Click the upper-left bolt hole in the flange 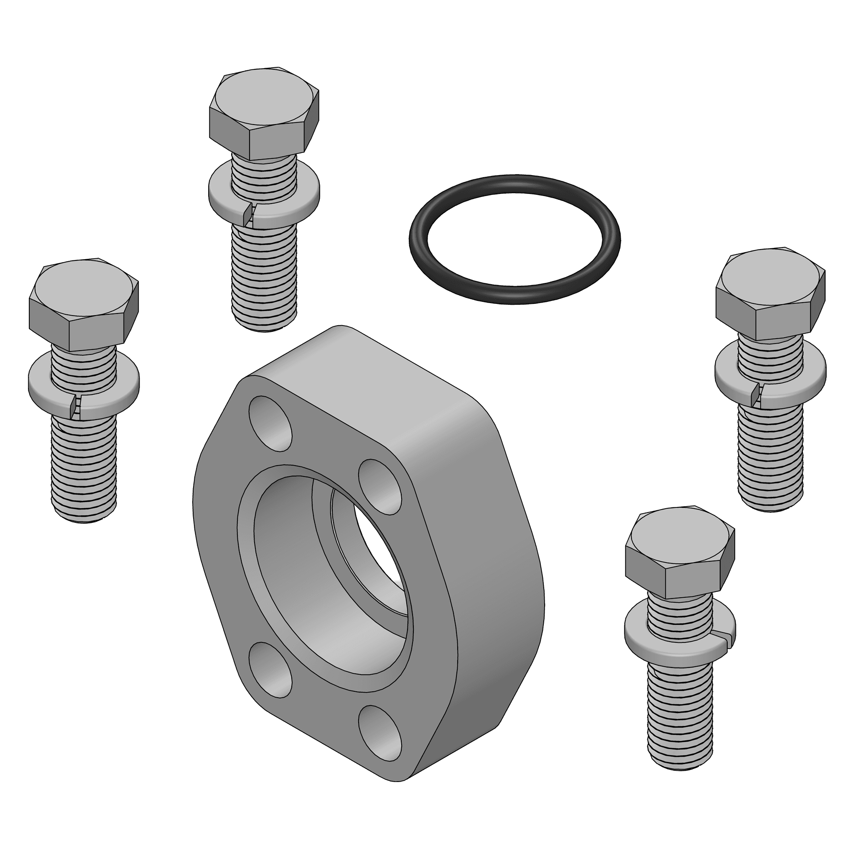(x=270, y=423)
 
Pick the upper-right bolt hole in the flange (x=379, y=487)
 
